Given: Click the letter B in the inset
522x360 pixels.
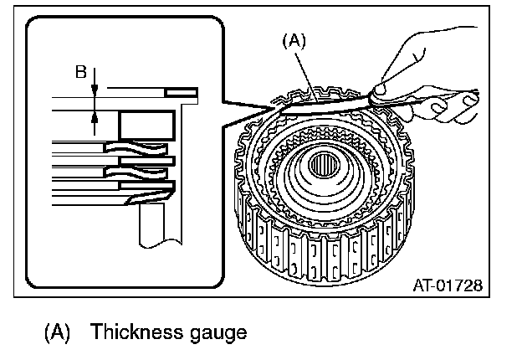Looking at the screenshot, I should (80, 72).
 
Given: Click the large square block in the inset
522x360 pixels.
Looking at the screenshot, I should (146, 125).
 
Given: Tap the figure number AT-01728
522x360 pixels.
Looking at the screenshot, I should (448, 285).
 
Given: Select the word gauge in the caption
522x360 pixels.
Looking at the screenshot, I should (217, 333).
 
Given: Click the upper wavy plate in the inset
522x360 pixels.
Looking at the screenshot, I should (138, 152).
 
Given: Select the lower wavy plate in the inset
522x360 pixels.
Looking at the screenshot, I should (138, 173).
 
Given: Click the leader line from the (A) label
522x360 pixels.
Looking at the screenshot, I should (306, 72).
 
